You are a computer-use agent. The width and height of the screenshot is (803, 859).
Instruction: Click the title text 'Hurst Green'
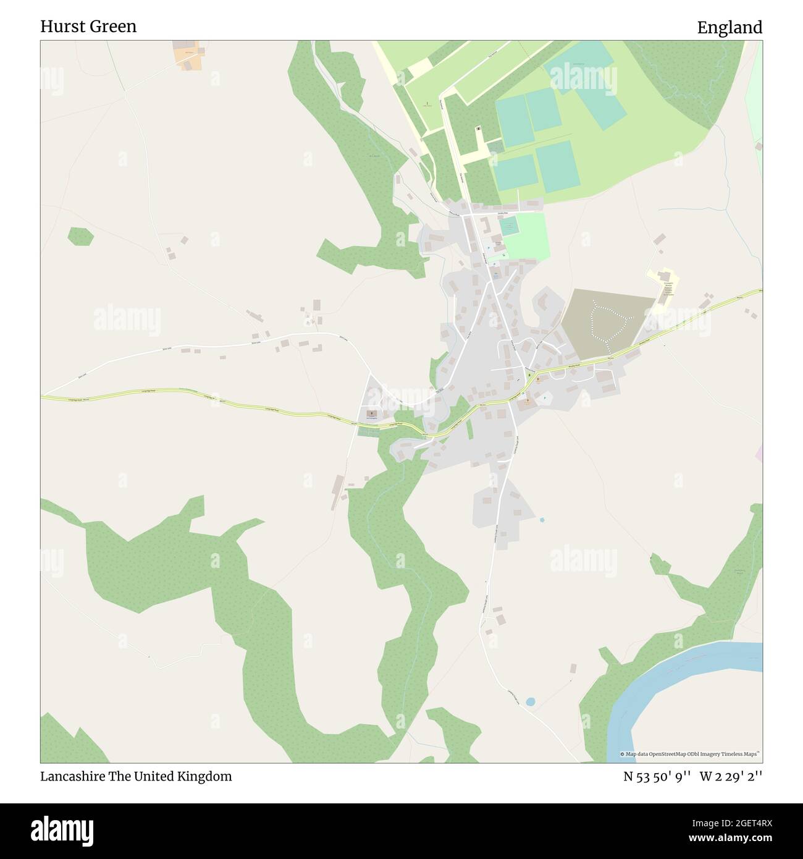click(x=88, y=27)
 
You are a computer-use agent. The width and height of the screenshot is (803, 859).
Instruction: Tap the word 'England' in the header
click(x=729, y=27)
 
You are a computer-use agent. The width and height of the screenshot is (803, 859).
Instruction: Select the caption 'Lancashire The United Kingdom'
click(x=136, y=776)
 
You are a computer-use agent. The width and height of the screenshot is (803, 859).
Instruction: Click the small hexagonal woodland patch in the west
click(x=80, y=236)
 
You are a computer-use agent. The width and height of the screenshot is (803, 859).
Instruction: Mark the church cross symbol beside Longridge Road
click(x=371, y=413)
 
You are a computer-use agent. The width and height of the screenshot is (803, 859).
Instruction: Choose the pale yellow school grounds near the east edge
click(x=665, y=290)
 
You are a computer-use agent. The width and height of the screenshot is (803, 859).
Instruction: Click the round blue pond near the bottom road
click(x=530, y=702)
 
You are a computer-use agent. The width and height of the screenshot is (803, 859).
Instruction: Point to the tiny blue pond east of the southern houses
click(x=542, y=520)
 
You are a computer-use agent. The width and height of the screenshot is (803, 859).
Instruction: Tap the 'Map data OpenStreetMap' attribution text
click(x=692, y=754)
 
